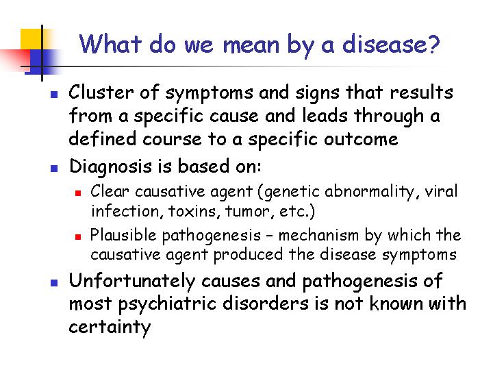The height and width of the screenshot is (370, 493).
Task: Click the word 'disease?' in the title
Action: pos(390,44)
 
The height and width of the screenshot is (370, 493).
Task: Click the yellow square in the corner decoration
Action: pos(31,39)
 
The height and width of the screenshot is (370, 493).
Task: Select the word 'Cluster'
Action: pos(101,92)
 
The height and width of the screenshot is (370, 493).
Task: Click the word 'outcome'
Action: pos(361,138)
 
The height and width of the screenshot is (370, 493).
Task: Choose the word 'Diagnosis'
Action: pos(110,166)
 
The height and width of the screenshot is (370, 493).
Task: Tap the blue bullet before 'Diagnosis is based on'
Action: pos(54,169)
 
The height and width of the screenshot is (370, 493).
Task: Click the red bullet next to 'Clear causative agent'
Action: pos(78,193)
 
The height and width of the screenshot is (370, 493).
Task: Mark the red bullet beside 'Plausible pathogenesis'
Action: pos(78,236)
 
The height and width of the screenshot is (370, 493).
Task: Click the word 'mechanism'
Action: pos(318,235)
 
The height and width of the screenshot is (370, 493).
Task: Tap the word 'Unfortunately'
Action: pos(132,281)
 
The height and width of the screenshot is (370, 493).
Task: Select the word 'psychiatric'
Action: pos(167,304)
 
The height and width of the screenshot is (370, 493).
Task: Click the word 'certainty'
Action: pos(110,327)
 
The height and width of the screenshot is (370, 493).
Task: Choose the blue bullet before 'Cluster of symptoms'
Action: pos(54,94)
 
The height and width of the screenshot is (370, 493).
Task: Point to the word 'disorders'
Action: pos(265,304)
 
